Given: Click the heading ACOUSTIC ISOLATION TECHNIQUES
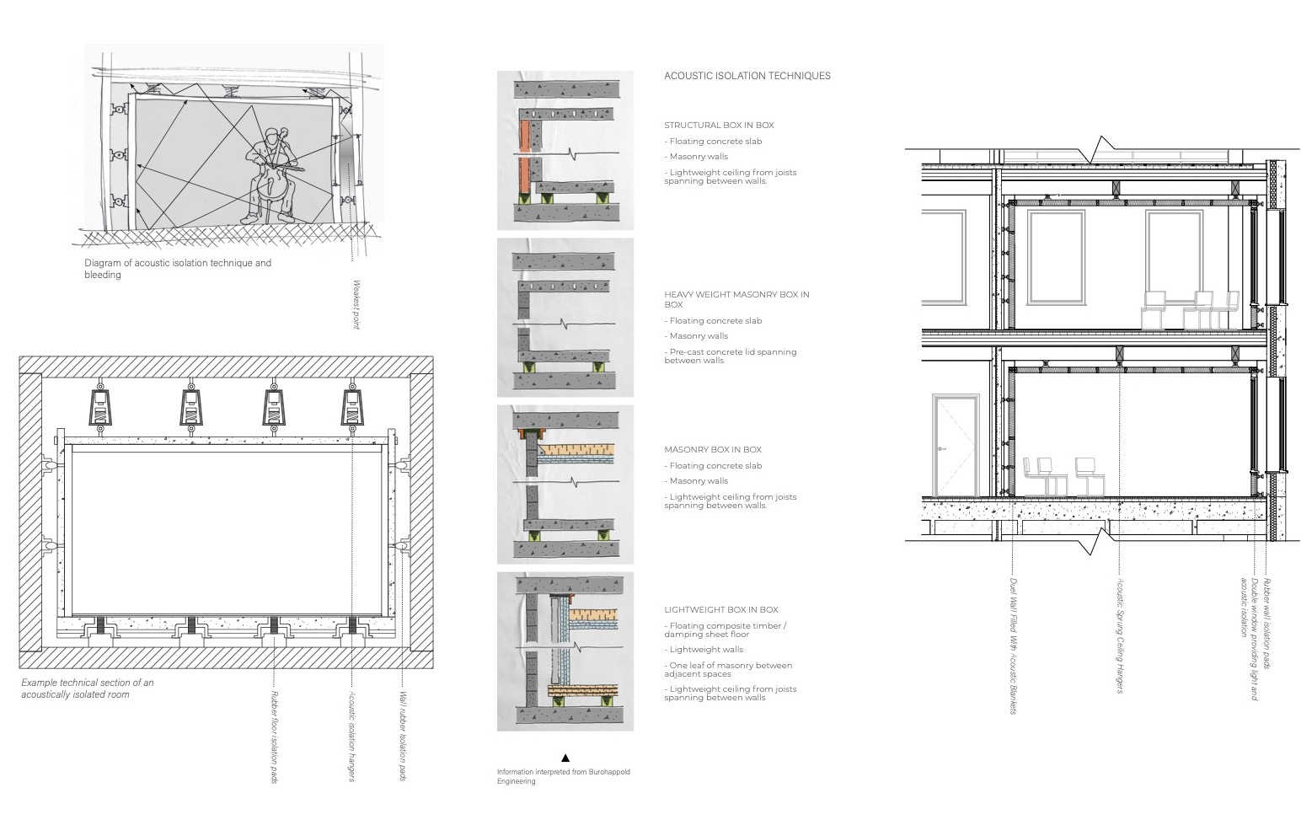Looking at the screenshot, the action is [x=747, y=76].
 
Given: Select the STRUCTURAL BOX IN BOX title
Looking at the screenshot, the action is [x=720, y=125].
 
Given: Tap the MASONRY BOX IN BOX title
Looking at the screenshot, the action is [x=713, y=449].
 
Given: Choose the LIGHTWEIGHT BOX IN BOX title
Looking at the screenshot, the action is [x=721, y=609].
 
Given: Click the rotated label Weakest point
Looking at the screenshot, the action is [x=356, y=305].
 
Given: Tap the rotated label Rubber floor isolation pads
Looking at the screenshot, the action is [x=274, y=737].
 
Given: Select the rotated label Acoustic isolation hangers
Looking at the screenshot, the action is [x=351, y=737].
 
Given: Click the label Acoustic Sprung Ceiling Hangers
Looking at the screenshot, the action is [x=1120, y=635].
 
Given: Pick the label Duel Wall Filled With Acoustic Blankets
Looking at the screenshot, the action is [x=1014, y=646].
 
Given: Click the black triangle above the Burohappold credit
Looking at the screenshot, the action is [x=565, y=758].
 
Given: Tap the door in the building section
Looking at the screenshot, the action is [x=956, y=446].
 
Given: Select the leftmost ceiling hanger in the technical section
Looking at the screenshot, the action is [x=101, y=406].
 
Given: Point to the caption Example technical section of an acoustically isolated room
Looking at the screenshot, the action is [x=88, y=688].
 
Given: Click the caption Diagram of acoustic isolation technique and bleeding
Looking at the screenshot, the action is [x=178, y=268].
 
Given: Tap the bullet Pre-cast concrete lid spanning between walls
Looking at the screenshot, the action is [x=731, y=356].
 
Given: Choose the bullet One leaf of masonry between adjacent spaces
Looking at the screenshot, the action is [x=728, y=669].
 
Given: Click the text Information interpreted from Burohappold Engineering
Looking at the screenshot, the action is [x=564, y=776].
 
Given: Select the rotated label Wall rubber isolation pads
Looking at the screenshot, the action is [x=403, y=736].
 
